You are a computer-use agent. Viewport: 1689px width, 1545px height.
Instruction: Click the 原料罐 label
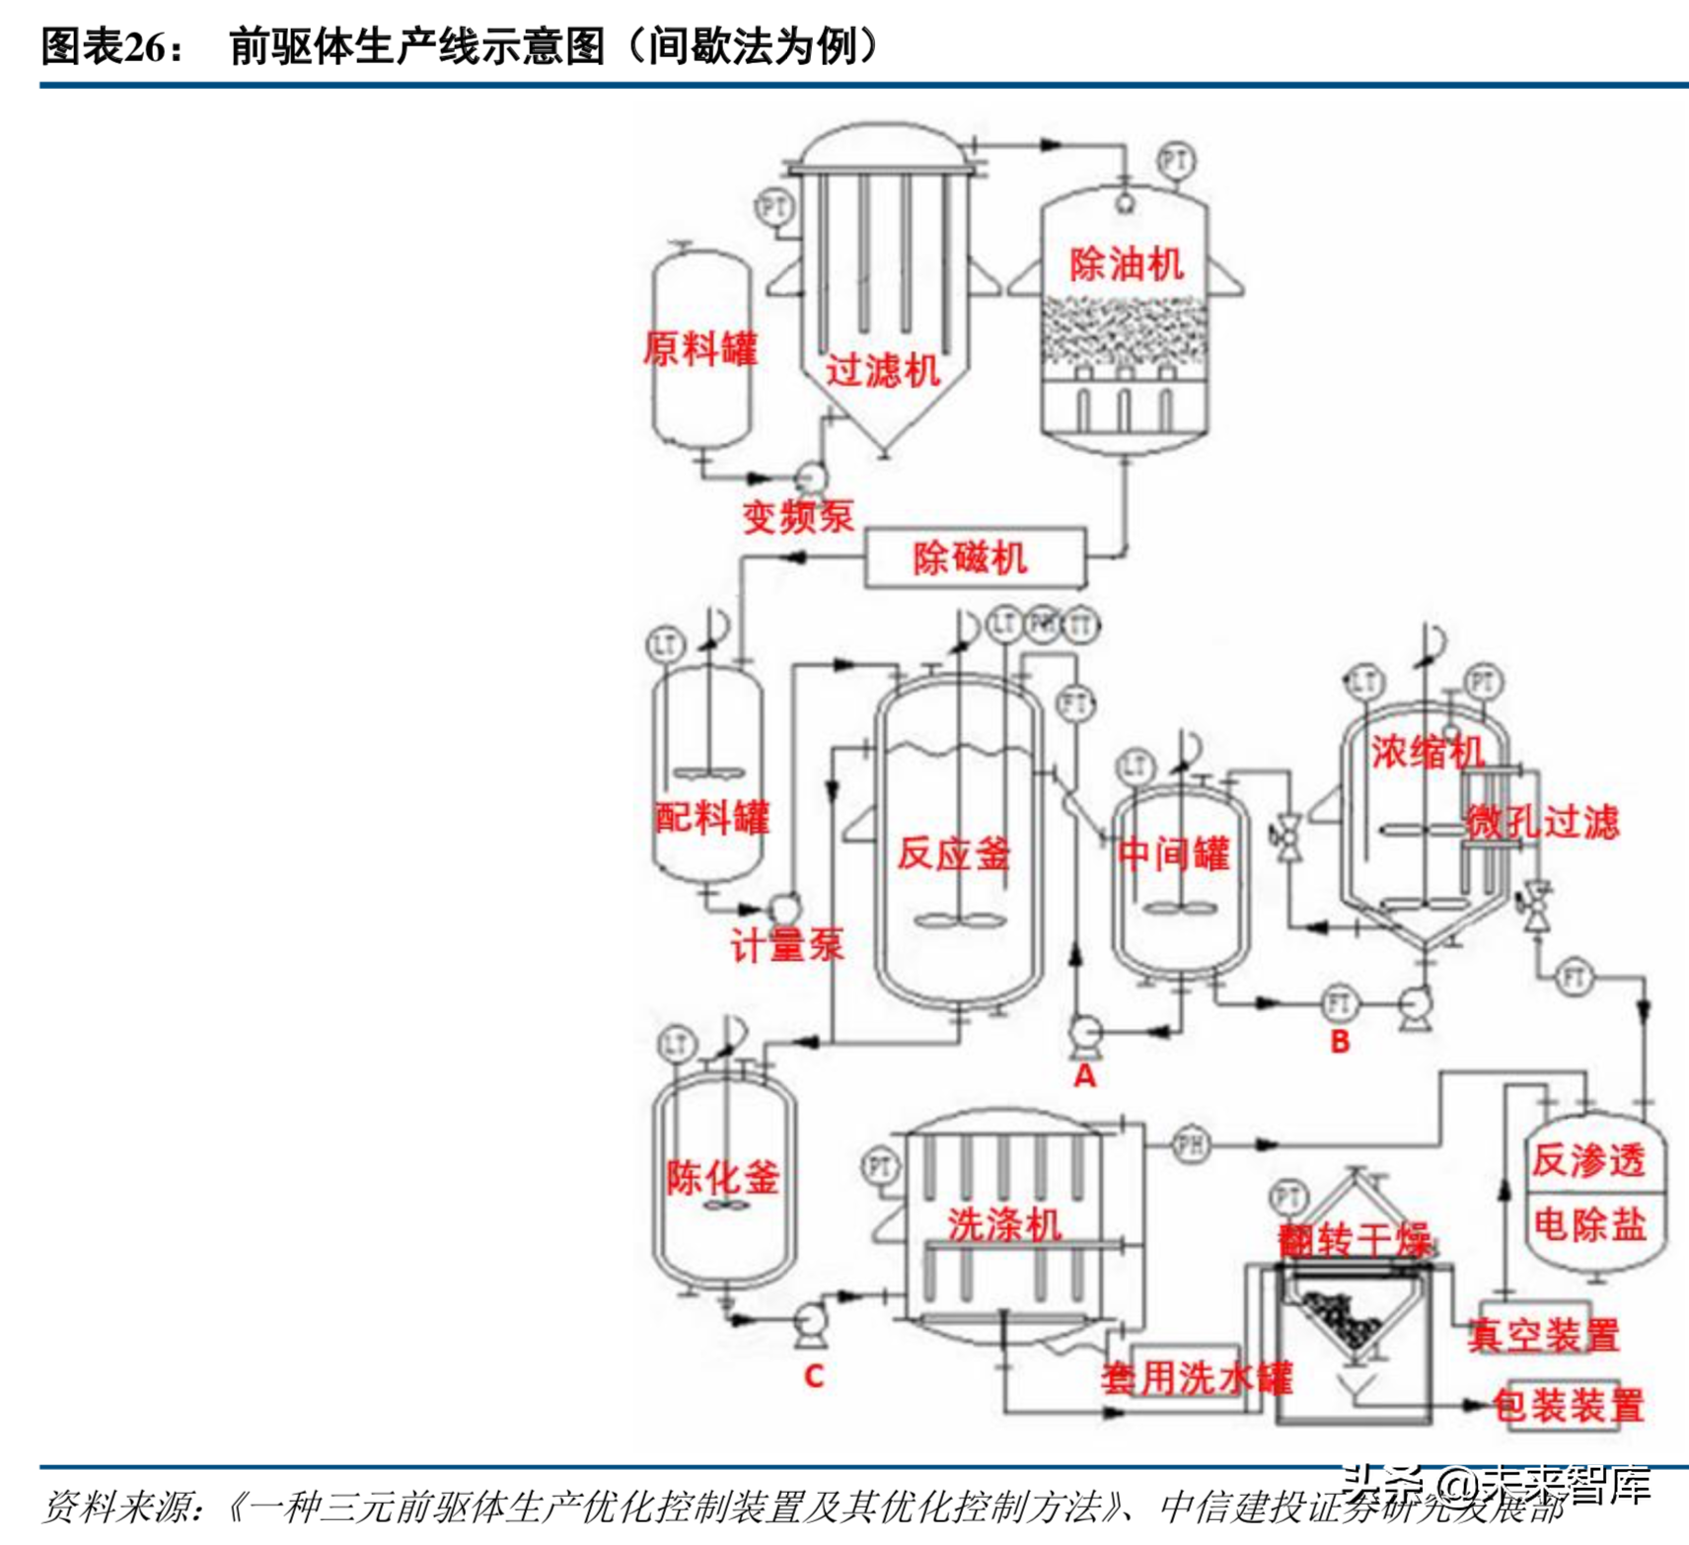[699, 348]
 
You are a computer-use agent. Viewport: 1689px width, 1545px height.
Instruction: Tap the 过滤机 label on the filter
[882, 371]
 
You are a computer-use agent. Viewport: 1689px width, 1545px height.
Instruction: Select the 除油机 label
[1126, 263]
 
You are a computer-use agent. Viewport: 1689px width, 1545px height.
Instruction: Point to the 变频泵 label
[797, 516]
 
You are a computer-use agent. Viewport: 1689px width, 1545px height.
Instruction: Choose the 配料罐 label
[711, 817]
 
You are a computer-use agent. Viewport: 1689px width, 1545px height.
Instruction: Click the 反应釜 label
[953, 852]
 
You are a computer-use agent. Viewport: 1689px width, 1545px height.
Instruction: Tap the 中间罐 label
[1173, 852]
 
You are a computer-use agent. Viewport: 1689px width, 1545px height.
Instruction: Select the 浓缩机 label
[1427, 752]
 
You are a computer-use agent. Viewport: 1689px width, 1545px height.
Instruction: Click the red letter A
[1084, 1075]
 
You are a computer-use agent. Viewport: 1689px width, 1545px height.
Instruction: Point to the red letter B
[1339, 1041]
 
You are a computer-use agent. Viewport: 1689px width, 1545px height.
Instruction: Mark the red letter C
[813, 1375]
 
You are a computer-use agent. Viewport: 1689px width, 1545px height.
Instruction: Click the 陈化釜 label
[722, 1177]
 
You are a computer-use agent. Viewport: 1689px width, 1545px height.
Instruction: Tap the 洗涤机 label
[1003, 1224]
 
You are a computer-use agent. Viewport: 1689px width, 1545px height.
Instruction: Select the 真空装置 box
[1542, 1335]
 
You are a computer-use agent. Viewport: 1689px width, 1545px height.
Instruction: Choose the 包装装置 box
[1567, 1405]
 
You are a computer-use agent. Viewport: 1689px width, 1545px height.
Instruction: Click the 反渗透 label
[1587, 1159]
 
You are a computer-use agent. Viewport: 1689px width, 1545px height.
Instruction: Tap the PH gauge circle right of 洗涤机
[1191, 1144]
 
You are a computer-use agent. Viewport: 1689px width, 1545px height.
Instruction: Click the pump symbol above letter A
[1084, 1032]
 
